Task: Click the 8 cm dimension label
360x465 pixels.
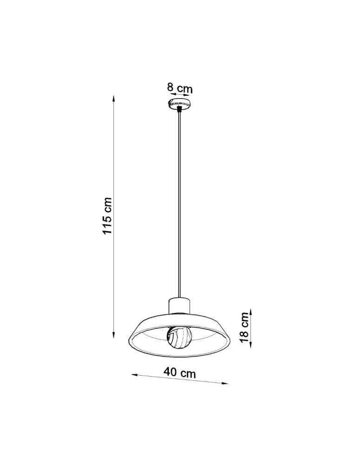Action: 180,88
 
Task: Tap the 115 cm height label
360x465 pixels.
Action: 108,215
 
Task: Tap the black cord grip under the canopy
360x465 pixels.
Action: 180,110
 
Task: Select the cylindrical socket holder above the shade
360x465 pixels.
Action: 180,306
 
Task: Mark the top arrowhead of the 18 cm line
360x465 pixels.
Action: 250,311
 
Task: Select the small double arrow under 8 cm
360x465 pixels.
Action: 180,94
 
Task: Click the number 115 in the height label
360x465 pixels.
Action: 108,222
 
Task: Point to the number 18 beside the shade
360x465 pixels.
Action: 244,336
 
